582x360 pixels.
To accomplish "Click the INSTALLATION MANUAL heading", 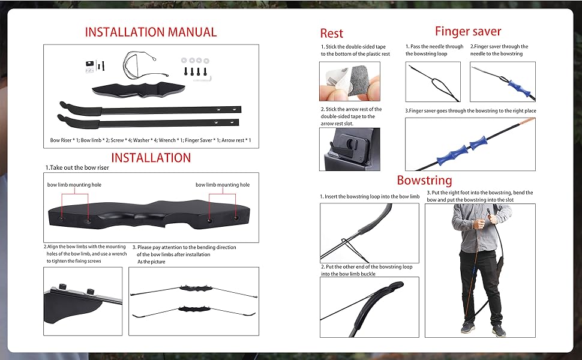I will point(151,32).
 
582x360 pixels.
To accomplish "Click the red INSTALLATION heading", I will point(151,158).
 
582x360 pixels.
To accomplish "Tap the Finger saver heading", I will point(467,31).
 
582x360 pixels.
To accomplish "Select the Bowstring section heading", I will point(424,180).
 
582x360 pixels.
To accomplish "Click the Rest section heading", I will point(331,34).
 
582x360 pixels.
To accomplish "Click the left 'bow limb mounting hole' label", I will point(74,185).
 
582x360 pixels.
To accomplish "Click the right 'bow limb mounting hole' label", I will point(223,185).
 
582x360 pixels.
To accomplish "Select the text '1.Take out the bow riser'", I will point(77,168).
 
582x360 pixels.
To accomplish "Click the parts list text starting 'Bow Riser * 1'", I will point(151,140).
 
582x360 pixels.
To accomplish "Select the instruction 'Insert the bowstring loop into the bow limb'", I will point(369,196).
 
